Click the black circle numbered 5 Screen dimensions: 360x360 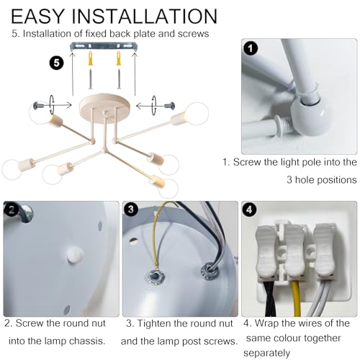tap(57, 63)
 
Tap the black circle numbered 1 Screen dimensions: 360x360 tap(251, 49)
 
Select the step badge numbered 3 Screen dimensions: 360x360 tap(131, 209)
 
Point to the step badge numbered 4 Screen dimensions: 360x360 tap(250, 210)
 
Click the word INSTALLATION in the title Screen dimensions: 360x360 tap(145, 17)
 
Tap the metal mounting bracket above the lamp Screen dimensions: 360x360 tap(104, 47)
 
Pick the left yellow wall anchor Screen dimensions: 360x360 tap(91, 58)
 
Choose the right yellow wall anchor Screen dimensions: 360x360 tap(119, 58)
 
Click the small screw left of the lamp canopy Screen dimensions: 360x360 tap(39, 106)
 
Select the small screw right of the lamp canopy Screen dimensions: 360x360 tap(170, 105)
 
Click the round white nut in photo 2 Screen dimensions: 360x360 tap(75, 255)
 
